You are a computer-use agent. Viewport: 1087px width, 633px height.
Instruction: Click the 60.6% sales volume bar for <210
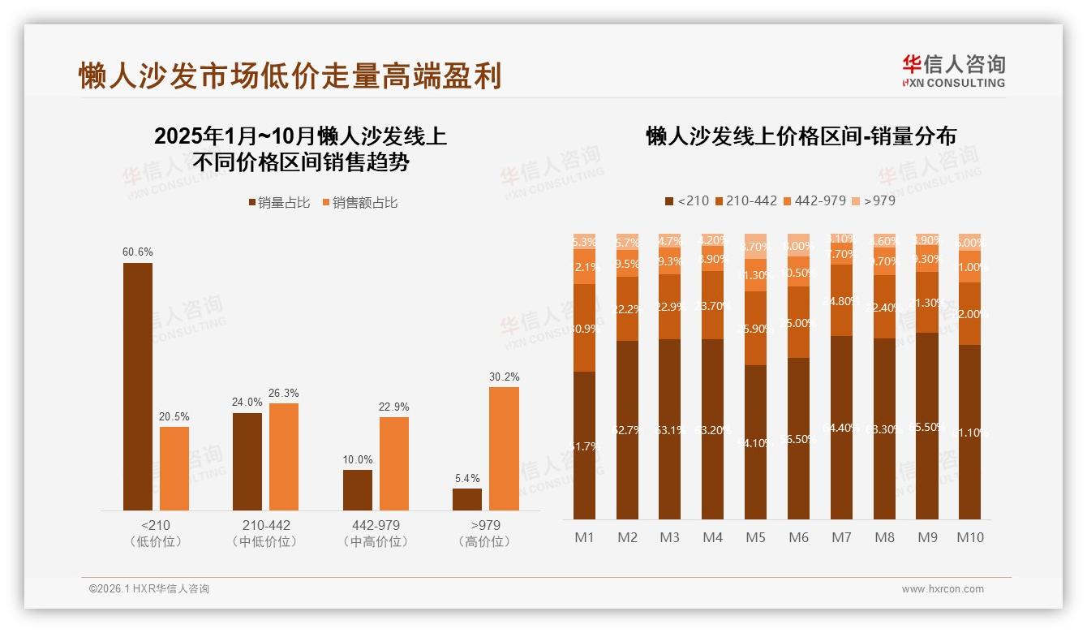click(x=138, y=386)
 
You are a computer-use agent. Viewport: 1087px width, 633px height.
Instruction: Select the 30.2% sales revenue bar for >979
click(x=504, y=449)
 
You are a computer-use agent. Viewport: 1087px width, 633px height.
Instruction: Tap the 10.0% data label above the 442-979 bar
click(x=358, y=459)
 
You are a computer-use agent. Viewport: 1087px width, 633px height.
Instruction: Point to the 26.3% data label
click(x=284, y=393)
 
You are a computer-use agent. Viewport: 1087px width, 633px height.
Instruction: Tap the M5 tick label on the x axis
click(x=755, y=537)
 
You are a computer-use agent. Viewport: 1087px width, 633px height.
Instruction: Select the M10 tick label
click(x=969, y=537)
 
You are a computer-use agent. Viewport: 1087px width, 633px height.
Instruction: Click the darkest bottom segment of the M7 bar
click(x=841, y=428)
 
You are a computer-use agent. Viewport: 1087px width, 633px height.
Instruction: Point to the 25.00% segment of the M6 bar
click(x=798, y=322)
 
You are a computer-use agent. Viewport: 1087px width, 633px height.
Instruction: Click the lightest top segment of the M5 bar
click(x=755, y=246)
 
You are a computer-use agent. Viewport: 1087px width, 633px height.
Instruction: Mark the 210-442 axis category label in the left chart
click(x=265, y=525)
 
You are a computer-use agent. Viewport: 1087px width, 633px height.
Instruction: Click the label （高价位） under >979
click(x=484, y=541)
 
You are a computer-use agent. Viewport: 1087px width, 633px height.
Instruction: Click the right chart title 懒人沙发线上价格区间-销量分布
click(x=801, y=136)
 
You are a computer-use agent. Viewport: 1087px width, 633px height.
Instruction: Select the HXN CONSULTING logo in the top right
click(x=953, y=71)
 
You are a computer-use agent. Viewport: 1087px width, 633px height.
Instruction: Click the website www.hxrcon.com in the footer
click(x=942, y=589)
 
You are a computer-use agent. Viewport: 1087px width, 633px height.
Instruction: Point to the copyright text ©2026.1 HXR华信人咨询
click(x=149, y=589)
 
